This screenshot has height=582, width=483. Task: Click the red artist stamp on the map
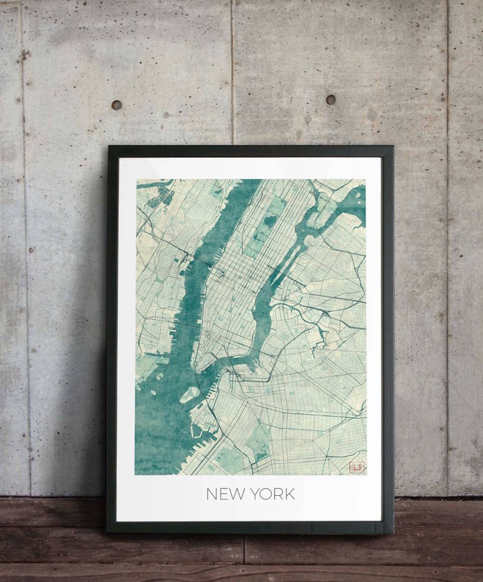[356, 467]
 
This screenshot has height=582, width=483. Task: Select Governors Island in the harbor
[190, 394]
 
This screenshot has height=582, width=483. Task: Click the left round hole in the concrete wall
[116, 105]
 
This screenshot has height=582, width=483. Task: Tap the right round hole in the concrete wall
[331, 99]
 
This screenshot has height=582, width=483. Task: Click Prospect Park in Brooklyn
[259, 440]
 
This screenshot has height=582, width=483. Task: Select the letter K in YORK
[290, 494]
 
